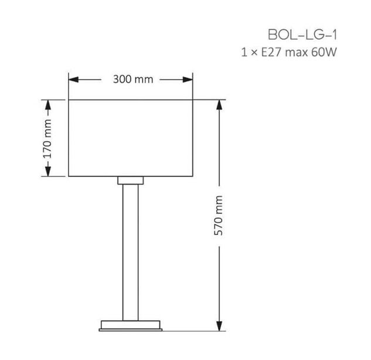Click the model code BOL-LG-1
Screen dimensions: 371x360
pyautogui.click(x=302, y=35)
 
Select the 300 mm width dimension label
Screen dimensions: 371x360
pyautogui.click(x=133, y=79)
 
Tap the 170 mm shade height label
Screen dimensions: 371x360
pyautogui.click(x=47, y=139)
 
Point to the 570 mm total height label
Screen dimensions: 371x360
pyautogui.click(x=219, y=215)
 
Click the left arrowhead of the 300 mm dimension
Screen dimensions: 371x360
pyautogui.click(x=73, y=80)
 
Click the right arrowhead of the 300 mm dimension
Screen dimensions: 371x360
pyautogui.click(x=188, y=80)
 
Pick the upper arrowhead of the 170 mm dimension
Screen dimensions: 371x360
pyautogui.click(x=48, y=104)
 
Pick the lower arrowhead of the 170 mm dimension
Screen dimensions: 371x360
pyautogui.click(x=48, y=171)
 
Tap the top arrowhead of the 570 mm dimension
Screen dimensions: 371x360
pyautogui.click(x=219, y=104)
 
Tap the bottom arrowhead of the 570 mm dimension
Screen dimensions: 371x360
pyautogui.click(x=219, y=326)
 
